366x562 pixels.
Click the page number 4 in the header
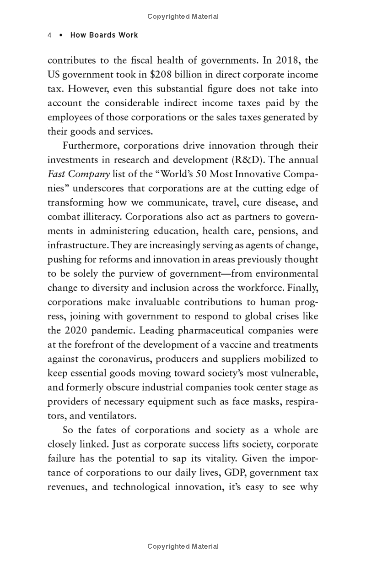click(49, 35)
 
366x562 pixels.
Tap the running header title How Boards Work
click(104, 35)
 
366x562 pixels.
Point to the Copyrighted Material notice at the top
click(183, 16)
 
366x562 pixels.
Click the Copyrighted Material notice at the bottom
click(183, 546)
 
